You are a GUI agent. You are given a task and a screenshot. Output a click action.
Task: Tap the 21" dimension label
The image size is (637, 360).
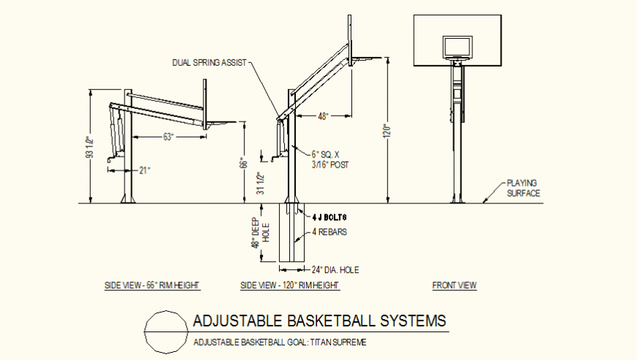pos(144,170)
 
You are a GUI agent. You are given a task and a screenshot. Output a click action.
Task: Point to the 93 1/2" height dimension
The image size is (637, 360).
pos(89,149)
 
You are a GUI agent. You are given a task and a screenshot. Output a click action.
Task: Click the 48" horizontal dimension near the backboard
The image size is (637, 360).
pos(324,116)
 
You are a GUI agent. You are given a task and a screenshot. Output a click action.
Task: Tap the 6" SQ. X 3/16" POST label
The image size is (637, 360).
pos(329,160)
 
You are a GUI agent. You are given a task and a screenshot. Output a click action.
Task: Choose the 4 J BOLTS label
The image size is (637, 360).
pos(328,217)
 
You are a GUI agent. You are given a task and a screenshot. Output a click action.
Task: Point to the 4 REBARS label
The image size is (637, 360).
pos(329,232)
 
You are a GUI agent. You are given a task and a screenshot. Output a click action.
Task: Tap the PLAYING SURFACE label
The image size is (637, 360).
pos(524,188)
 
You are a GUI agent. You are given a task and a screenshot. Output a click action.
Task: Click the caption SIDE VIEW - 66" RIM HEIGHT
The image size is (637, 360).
pos(152,286)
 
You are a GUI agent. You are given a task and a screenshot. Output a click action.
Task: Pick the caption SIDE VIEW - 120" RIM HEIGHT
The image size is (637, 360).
pos(290,286)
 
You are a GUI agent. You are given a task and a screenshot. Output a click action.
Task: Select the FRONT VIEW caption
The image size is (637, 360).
pos(454,286)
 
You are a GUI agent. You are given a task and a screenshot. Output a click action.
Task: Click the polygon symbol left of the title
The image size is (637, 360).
pos(166,331)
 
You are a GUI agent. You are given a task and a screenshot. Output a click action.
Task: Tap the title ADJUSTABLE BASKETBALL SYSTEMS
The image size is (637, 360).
pos(318,320)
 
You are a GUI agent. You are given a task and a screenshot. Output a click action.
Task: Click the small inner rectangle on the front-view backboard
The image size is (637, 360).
pos(457,48)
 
